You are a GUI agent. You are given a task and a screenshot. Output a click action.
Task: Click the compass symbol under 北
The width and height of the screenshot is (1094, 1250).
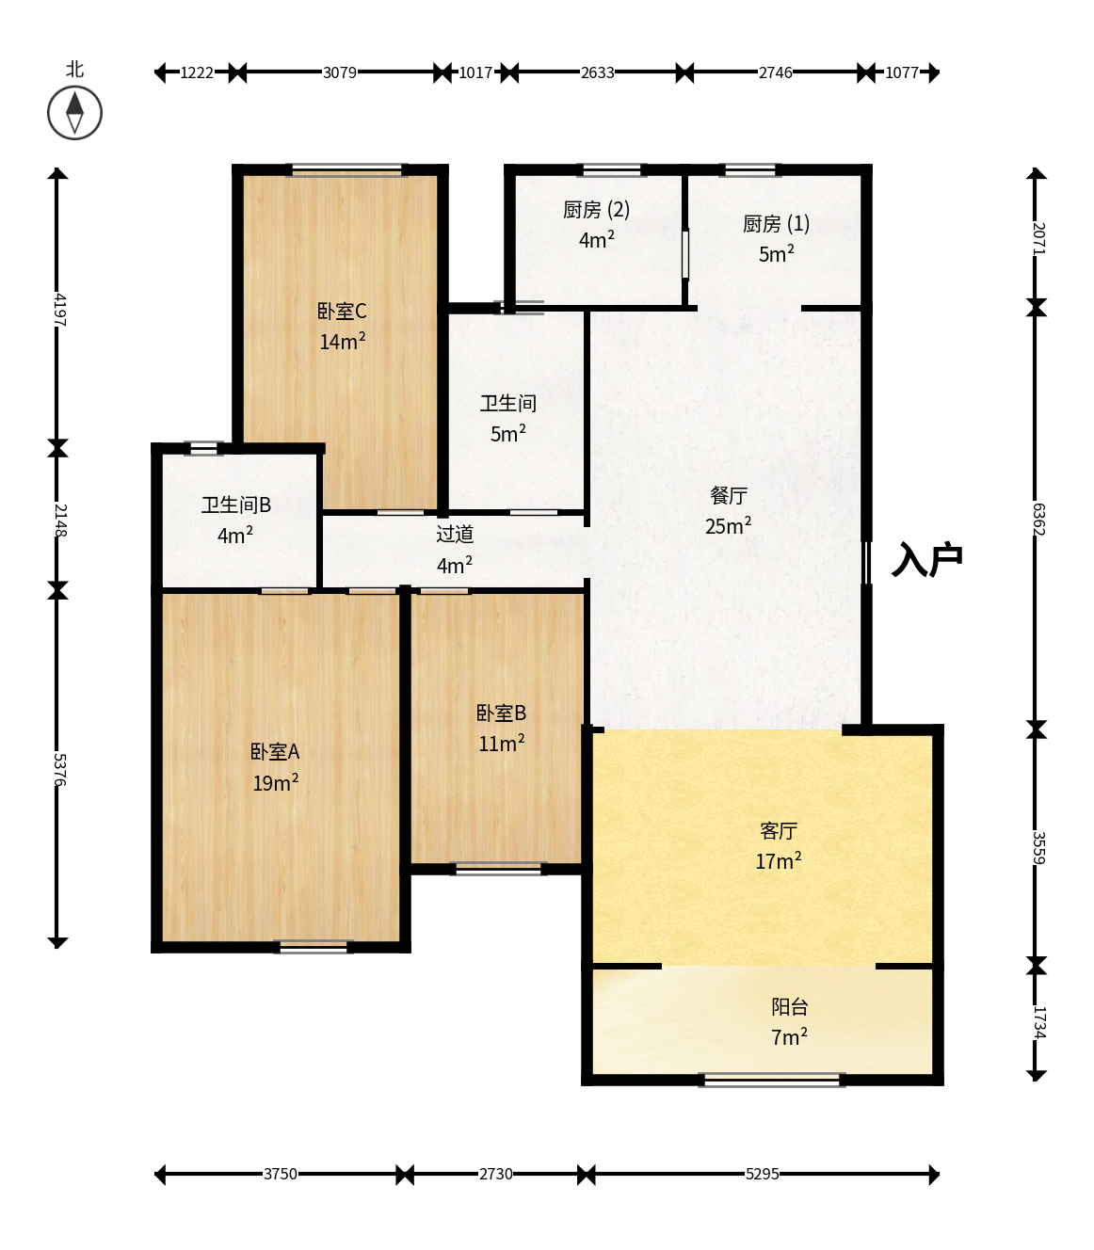[x=74, y=113]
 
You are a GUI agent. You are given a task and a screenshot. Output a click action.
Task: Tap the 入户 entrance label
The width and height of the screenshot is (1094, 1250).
[x=927, y=559]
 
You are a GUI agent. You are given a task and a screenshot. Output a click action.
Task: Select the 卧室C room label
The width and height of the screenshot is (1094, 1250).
[x=342, y=311]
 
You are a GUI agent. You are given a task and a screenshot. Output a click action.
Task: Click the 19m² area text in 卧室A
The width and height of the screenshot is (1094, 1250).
[x=276, y=782]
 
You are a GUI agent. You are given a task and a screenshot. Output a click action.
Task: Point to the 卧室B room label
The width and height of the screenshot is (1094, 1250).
[x=501, y=713]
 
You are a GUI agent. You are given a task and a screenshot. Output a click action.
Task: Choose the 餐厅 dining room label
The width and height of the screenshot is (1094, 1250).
[x=729, y=495]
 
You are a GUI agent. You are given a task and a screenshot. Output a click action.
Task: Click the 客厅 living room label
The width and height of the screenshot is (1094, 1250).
[x=778, y=830]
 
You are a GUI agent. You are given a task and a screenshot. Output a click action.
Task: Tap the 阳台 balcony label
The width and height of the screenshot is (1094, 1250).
[x=790, y=1006]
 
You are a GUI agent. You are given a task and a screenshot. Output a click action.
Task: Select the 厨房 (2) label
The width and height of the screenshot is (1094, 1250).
[x=597, y=210]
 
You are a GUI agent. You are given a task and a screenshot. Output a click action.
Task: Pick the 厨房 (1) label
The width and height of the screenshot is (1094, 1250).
[x=776, y=224]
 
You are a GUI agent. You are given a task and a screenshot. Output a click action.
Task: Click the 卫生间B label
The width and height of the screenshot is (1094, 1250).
[x=236, y=505]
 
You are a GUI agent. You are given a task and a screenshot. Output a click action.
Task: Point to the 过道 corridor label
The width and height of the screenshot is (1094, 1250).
[x=455, y=534]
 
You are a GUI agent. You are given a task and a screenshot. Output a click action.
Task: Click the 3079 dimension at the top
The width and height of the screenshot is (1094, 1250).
[x=340, y=72]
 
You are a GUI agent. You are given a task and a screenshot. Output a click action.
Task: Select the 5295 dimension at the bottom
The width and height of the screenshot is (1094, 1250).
[x=763, y=1174]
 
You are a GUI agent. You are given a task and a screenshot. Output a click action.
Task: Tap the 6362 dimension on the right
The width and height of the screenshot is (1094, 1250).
[x=1038, y=519]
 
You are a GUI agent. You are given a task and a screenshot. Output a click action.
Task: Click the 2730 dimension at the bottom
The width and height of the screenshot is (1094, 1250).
[x=495, y=1174]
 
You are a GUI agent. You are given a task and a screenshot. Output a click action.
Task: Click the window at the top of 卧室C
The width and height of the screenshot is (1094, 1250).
[x=346, y=169]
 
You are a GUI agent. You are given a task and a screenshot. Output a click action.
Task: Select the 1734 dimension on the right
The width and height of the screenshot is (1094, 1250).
[x=1038, y=1022]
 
